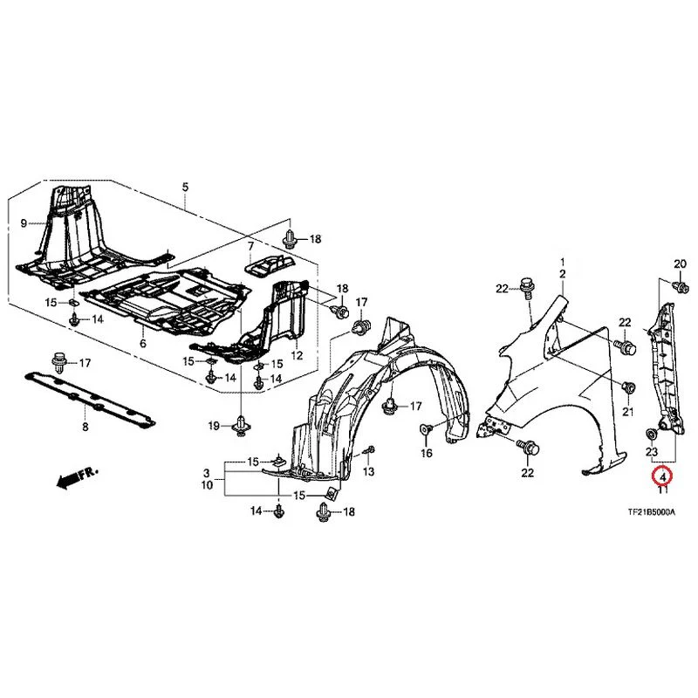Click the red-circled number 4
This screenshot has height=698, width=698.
(663, 476)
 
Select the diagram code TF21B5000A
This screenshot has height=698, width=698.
(651, 512)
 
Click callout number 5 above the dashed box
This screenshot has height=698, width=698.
(185, 187)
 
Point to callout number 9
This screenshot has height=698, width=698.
(24, 223)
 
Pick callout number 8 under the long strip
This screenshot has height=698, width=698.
(85, 427)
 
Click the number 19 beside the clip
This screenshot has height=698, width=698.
(214, 427)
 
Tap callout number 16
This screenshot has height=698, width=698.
(427, 453)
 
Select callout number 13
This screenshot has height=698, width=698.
(368, 471)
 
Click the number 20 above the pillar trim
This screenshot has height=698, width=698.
(681, 264)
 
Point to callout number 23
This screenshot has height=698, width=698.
(652, 452)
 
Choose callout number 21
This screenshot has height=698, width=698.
(627, 412)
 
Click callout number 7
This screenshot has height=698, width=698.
(250, 246)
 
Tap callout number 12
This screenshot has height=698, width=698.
(297, 355)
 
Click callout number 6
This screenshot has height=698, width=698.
(143, 343)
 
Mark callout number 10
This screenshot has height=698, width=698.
(207, 485)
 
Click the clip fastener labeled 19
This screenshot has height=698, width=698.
(241, 426)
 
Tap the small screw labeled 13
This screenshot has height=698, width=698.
(369, 451)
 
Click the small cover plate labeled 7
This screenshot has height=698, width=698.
(270, 265)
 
